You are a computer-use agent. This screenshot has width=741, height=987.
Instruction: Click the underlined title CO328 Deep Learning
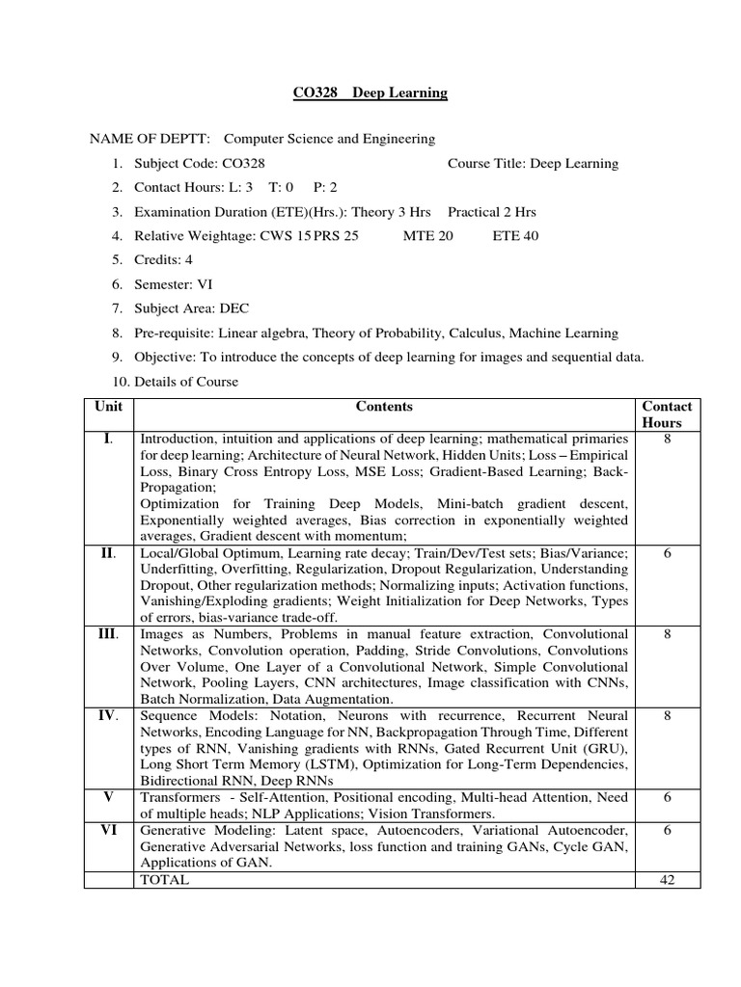(370, 93)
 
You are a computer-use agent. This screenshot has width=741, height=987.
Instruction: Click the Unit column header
(108, 408)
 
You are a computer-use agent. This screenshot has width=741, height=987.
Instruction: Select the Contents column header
(384, 408)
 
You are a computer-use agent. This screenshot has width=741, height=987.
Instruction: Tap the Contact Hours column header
(667, 414)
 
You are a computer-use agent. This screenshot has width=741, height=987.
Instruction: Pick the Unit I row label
(108, 440)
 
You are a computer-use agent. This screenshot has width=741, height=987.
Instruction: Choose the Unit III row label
(108, 634)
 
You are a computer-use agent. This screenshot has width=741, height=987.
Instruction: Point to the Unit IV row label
(108, 716)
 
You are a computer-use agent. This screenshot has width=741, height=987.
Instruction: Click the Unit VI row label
(108, 830)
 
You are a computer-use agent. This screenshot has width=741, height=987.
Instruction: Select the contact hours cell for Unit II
(667, 553)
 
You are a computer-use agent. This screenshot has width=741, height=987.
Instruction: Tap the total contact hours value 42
(667, 880)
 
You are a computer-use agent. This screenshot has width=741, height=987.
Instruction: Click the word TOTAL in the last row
(165, 880)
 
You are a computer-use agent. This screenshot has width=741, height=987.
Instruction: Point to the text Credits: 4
(164, 259)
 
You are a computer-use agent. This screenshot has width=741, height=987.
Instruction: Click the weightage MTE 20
(427, 235)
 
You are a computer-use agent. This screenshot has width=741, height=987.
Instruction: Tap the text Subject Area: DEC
(192, 308)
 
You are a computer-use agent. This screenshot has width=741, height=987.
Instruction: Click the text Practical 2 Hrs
(492, 211)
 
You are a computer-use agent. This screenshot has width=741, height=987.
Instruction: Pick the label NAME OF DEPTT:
(151, 139)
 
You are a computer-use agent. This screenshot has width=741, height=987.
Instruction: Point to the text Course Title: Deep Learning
(534, 163)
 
